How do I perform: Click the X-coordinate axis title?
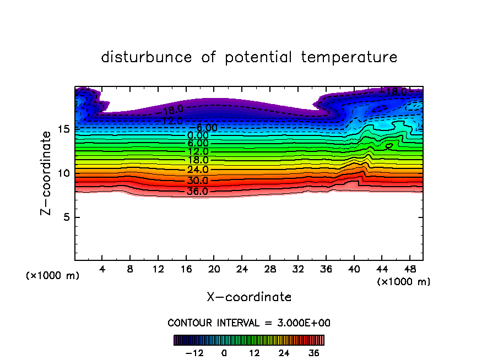click(249, 297)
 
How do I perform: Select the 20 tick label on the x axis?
click(214, 269)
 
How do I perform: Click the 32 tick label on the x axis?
click(297, 269)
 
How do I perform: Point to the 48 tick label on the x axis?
click(409, 269)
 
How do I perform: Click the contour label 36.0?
click(198, 192)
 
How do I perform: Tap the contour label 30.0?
click(198, 181)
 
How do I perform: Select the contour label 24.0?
click(198, 170)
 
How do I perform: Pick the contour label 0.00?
click(198, 135)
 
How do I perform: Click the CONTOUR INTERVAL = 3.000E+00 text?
click(249, 323)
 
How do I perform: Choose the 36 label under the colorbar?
click(313, 353)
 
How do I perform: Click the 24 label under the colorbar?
click(284, 353)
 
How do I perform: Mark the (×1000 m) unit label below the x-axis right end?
click(403, 282)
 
